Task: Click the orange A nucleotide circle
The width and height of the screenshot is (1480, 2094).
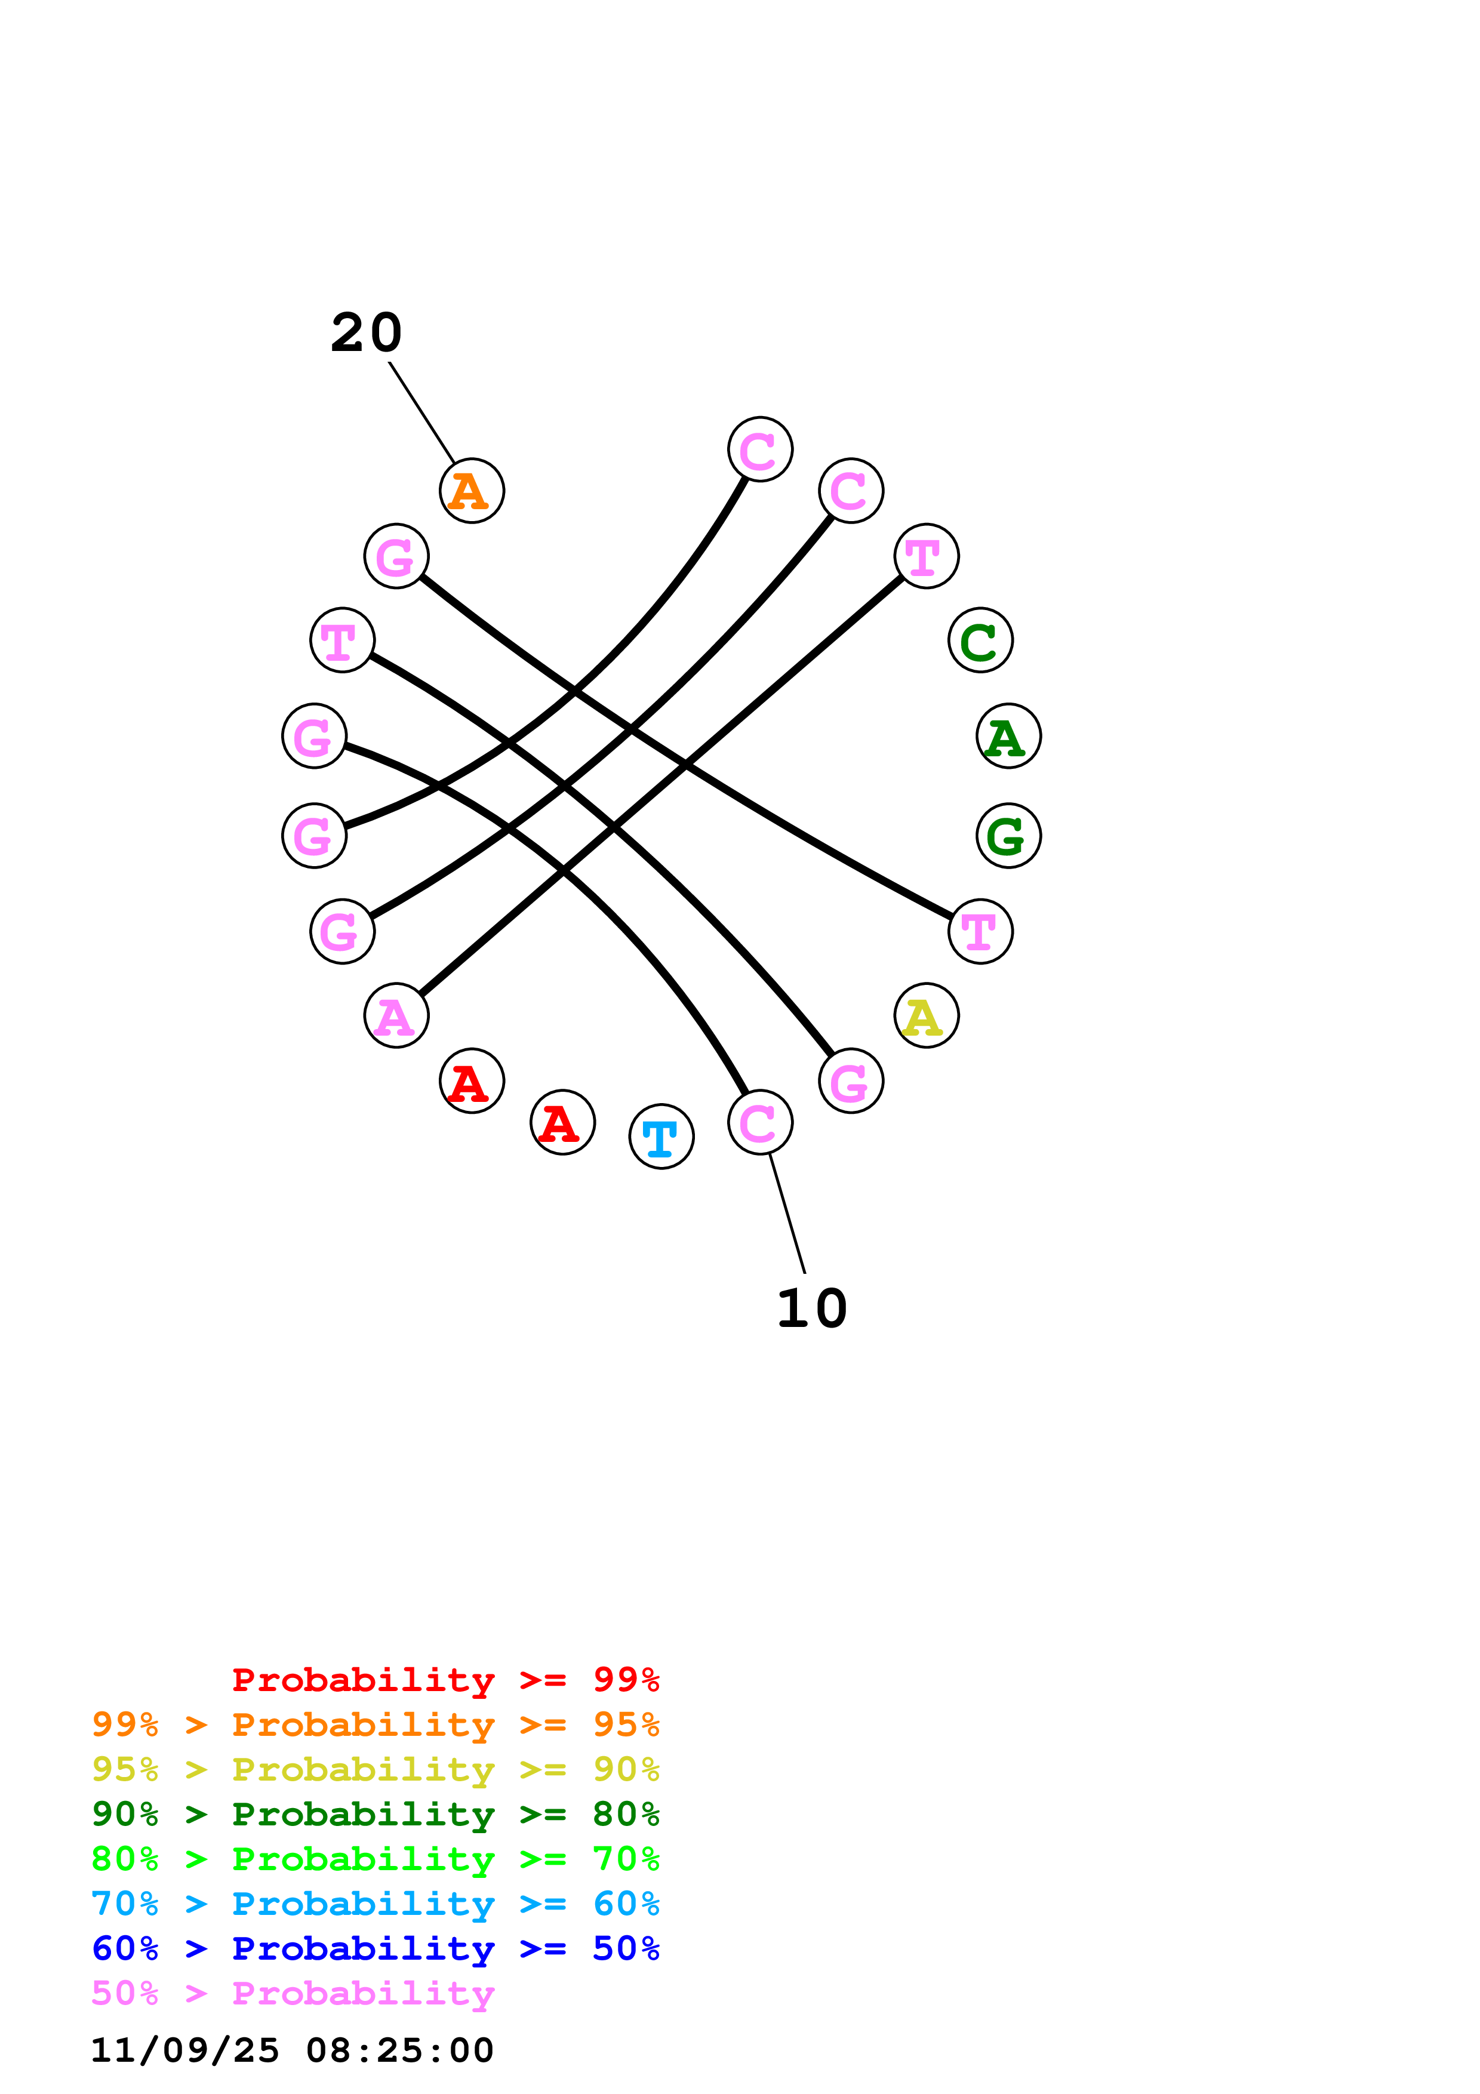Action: click(x=472, y=491)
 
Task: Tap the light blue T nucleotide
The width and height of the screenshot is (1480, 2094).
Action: click(x=661, y=1137)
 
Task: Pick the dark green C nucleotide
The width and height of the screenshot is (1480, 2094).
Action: click(x=980, y=640)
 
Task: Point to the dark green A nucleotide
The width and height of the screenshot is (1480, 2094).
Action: click(x=1008, y=736)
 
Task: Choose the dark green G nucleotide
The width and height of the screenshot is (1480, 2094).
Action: click(x=1008, y=836)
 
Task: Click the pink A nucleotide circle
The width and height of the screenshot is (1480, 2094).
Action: click(x=396, y=1015)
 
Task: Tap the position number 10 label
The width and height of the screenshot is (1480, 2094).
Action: click(x=811, y=1308)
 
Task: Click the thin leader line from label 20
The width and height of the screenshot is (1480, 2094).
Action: click(x=421, y=412)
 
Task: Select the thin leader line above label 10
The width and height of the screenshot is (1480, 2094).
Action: click(x=787, y=1213)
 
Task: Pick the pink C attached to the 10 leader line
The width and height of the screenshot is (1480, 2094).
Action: click(x=759, y=1122)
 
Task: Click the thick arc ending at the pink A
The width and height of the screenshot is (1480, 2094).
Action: click(x=657, y=789)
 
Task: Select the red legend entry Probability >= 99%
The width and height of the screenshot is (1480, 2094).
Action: click(x=445, y=1679)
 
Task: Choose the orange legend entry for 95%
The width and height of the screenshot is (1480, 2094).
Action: click(x=375, y=1725)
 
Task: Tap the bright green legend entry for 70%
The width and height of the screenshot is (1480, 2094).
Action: click(x=375, y=1859)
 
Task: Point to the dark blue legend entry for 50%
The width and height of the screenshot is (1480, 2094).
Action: click(x=375, y=1948)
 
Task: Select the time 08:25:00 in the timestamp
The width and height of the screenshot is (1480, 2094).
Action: click(x=399, y=2050)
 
